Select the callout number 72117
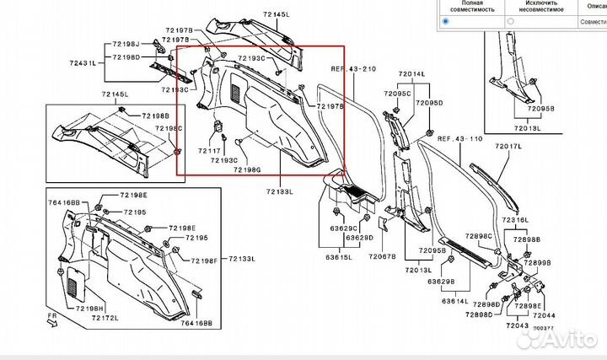click(x=209, y=149)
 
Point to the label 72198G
click(x=248, y=169)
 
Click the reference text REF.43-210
click(x=352, y=68)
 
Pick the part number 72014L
click(x=413, y=74)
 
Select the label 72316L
click(x=517, y=220)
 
